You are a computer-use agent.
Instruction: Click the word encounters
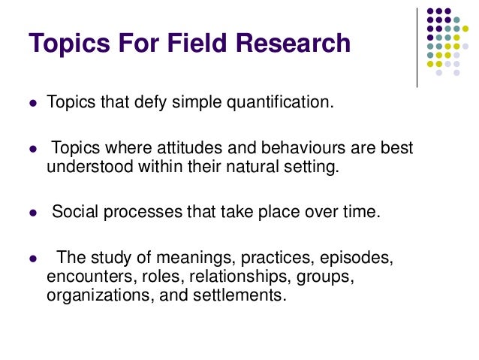(x=81, y=277)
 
